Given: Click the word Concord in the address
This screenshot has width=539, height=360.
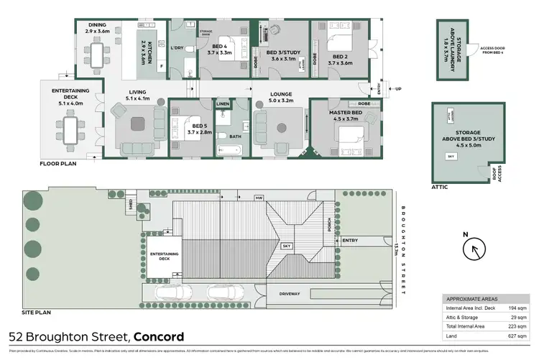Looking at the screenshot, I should pos(158,336).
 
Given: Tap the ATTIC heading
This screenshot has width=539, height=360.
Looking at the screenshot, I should pos(440,187).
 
